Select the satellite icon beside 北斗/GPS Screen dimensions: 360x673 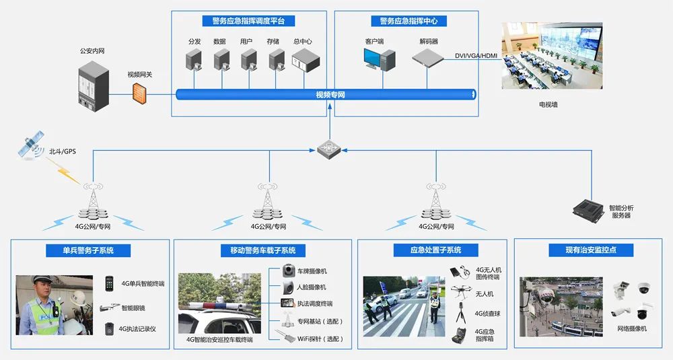coord(30,145)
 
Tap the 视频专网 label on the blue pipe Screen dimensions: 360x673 coord(330,95)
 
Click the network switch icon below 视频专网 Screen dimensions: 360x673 coord(330,147)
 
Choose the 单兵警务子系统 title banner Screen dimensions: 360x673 coord(88,250)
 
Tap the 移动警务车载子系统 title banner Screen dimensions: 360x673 coord(262,250)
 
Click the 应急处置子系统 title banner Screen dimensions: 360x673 coord(436,250)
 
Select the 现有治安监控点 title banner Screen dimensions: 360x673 coord(591,250)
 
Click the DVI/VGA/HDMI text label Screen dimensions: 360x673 coord(476,56)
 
